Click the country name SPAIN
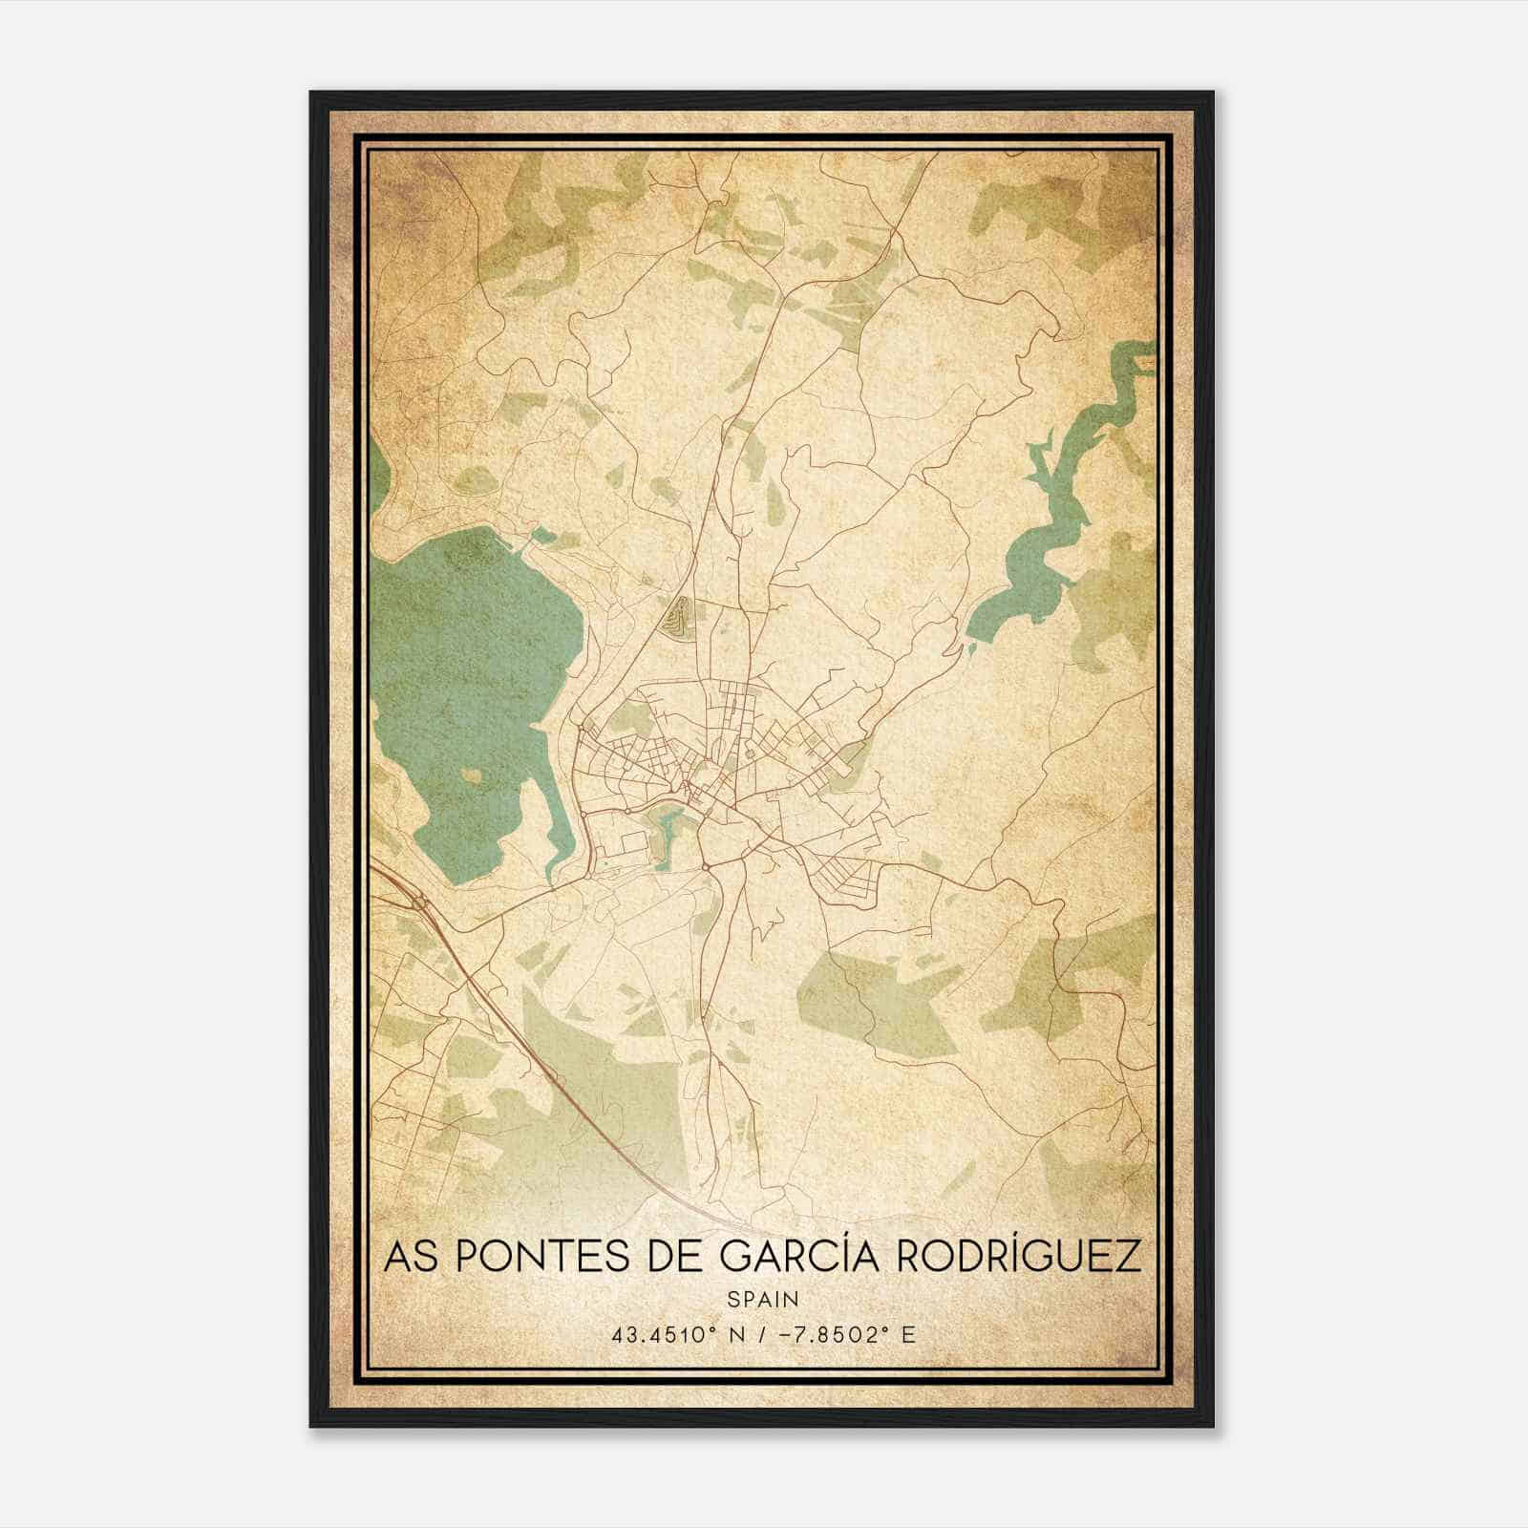coord(763,1299)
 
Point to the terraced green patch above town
coord(678,618)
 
